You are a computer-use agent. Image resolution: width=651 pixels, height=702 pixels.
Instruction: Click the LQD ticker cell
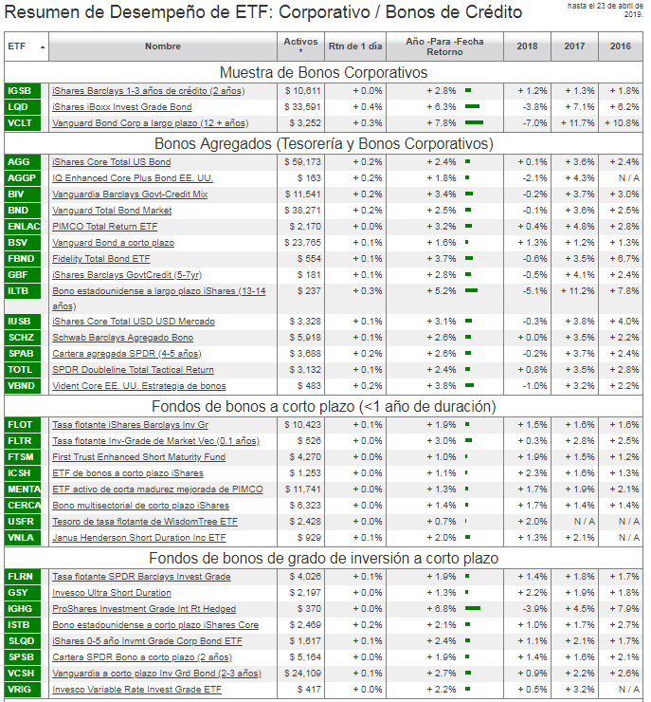pyautogui.click(x=19, y=107)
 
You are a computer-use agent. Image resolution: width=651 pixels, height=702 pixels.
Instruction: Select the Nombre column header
pyautogui.click(x=163, y=46)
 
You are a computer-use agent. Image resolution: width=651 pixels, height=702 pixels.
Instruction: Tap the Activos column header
pyautogui.click(x=300, y=46)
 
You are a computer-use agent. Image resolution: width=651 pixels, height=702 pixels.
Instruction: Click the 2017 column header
pyautogui.click(x=574, y=46)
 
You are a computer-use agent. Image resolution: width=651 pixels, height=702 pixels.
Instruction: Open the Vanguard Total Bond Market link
pyautogui.click(x=112, y=210)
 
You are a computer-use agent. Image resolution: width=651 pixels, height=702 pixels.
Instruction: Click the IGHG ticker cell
pyautogui.click(x=19, y=609)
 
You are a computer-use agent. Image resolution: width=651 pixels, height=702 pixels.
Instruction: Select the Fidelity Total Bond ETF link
pyautogui.click(x=100, y=258)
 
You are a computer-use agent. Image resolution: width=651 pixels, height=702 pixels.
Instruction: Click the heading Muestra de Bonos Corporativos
pyautogui.click(x=323, y=72)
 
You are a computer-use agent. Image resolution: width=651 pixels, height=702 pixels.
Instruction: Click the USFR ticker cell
pyautogui.click(x=20, y=522)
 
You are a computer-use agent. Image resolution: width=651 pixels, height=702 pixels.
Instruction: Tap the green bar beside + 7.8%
pyautogui.click(x=474, y=123)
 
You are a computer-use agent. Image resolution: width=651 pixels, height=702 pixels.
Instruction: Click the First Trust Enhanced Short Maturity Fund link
pyautogui.click(x=138, y=457)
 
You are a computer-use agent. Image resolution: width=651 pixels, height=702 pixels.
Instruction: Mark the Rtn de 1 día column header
pyautogui.click(x=354, y=46)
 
